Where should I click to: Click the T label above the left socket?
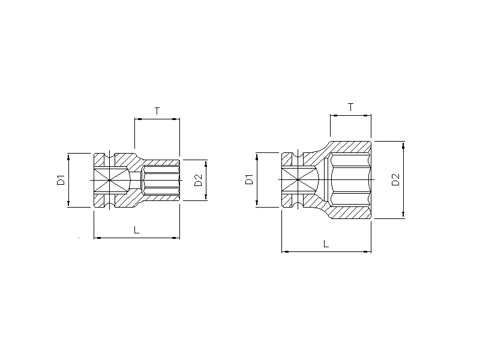(x=157, y=111)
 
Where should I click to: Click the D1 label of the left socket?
(x=61, y=180)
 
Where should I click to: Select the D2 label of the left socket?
(x=199, y=180)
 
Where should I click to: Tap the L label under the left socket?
(x=136, y=230)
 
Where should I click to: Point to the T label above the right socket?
(x=350, y=107)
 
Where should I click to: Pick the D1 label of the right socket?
(x=249, y=179)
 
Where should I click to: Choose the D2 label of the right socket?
(x=395, y=179)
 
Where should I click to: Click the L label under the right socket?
(x=326, y=244)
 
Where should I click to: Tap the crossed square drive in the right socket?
(x=298, y=179)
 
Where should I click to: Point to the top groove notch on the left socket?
(x=109, y=158)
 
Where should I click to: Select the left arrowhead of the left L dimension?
(x=97, y=238)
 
